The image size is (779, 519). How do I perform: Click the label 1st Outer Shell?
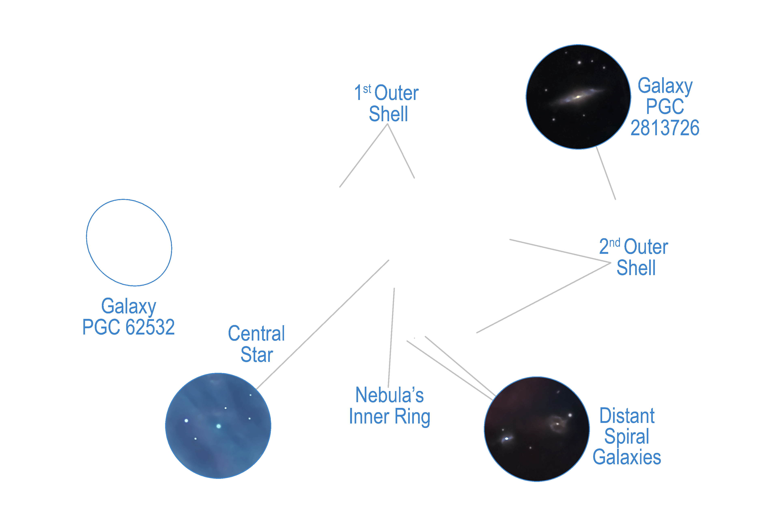pos(387,103)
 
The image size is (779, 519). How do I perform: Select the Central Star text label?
pos(257,344)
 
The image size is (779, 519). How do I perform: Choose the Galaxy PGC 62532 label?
pos(128,316)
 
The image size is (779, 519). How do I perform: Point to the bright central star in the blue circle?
pos(219,426)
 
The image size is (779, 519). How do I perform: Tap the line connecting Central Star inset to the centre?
pos(323,324)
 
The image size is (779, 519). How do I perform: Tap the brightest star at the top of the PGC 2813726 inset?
pos(579,62)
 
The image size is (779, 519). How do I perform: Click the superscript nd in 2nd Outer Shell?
pos(615,243)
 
